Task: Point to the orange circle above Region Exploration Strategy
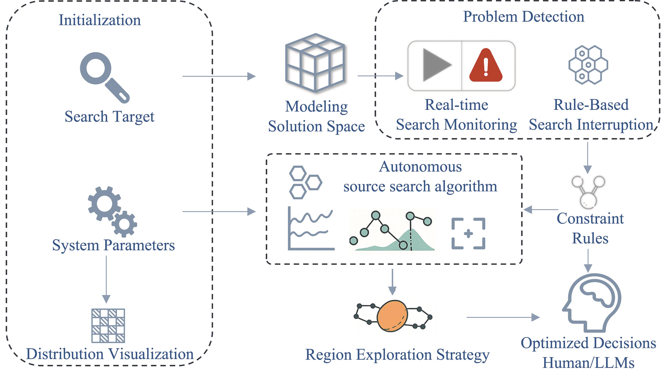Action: pyautogui.click(x=392, y=316)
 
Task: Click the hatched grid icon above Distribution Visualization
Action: pyautogui.click(x=108, y=326)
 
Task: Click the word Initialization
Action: pyautogui.click(x=100, y=20)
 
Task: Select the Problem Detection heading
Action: pyautogui.click(x=523, y=17)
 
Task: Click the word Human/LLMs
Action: pyautogui.click(x=588, y=363)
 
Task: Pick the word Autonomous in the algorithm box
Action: pyautogui.click(x=420, y=167)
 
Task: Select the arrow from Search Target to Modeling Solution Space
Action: pyautogui.click(x=219, y=76)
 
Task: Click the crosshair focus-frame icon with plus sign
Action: pyautogui.click(x=468, y=234)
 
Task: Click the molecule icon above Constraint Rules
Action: pyautogui.click(x=588, y=192)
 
